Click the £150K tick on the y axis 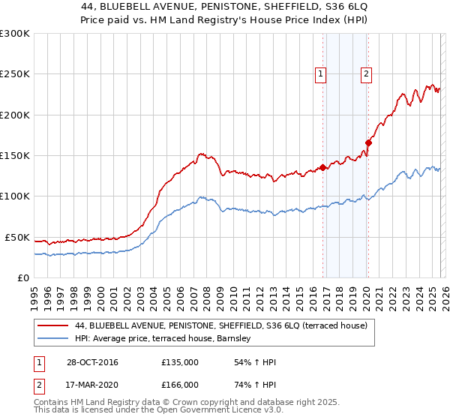[x=14, y=156]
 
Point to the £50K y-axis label [x=16, y=237]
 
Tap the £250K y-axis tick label [x=14, y=74]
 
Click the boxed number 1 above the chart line [x=320, y=73]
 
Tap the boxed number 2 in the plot [x=366, y=73]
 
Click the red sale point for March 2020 [x=368, y=142]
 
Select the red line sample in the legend [x=53, y=326]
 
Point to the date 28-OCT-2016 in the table [x=91, y=363]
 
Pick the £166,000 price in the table [x=180, y=384]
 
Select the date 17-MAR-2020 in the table [x=91, y=384]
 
